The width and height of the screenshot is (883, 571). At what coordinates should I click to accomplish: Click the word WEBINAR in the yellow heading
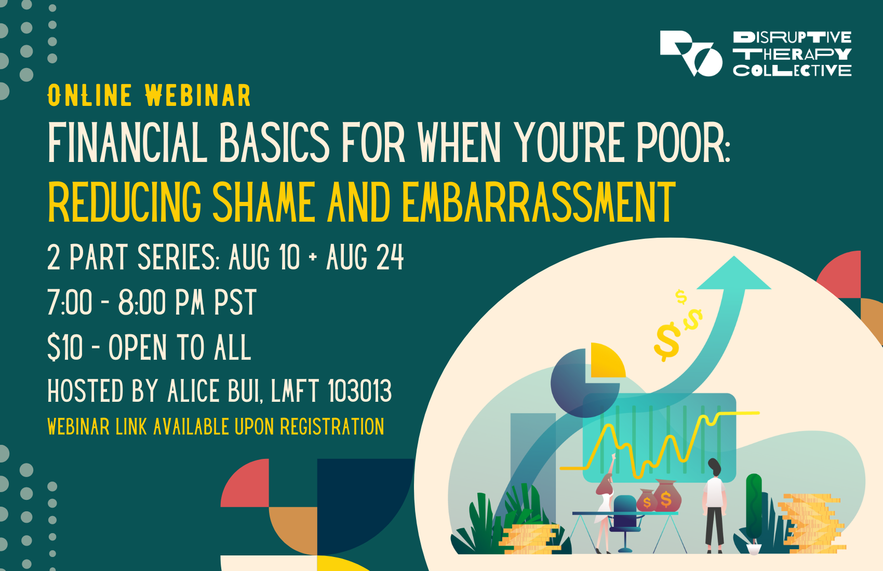tap(198, 96)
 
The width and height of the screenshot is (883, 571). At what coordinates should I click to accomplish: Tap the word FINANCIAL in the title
tap(127, 143)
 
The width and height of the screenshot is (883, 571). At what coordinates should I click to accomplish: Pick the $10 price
tap(65, 347)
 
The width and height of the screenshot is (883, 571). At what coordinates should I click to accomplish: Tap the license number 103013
tap(360, 391)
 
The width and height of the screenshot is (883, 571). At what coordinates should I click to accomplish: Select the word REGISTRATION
tap(332, 427)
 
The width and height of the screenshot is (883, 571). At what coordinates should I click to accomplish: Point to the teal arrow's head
tap(734, 275)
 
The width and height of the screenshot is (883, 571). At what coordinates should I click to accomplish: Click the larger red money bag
tap(666, 497)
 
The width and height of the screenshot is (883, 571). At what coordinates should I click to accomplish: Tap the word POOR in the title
tap(683, 143)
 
